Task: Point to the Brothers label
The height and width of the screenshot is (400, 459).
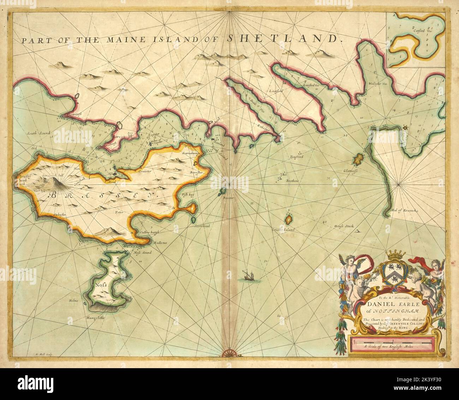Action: pyautogui.click(x=292, y=181)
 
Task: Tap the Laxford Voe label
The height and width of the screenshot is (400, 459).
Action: pyautogui.click(x=311, y=85)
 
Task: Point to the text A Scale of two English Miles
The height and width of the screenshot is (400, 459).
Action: pyautogui.click(x=392, y=347)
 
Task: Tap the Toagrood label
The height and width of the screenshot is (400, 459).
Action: pyautogui.click(x=297, y=156)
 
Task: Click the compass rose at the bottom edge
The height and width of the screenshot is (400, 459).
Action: pyautogui.click(x=230, y=353)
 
